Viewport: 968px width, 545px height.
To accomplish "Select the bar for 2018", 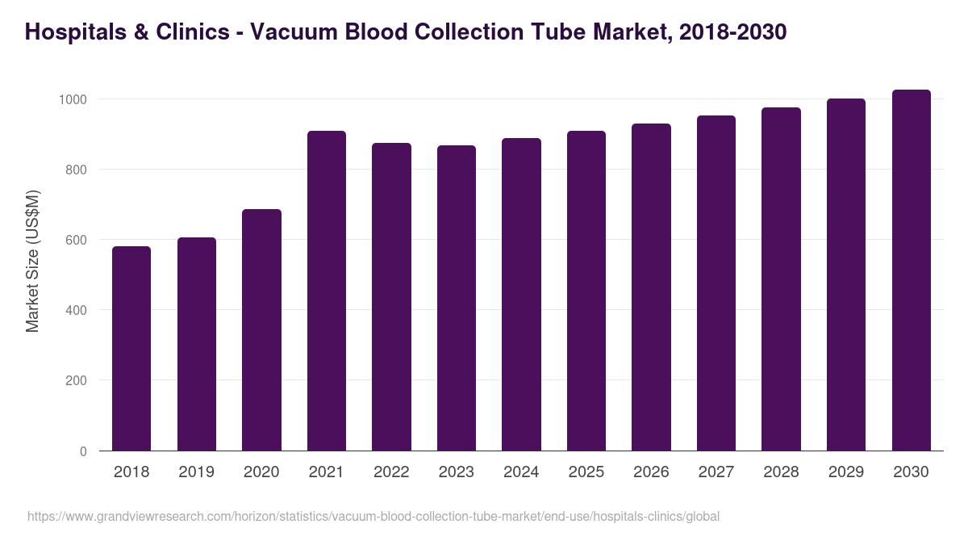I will point(131,349).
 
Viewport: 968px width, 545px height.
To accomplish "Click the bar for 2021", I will point(327,291).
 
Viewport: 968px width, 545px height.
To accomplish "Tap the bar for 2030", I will point(911,270).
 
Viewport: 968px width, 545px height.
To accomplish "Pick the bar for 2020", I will point(261,330).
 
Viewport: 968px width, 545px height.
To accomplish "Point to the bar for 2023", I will point(457,298).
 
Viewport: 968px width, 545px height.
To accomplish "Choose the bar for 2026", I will point(651,287).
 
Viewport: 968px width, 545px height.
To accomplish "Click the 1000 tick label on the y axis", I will point(72,99).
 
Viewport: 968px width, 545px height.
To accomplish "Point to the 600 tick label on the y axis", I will point(75,240).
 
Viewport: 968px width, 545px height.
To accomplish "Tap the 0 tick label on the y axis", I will point(83,451).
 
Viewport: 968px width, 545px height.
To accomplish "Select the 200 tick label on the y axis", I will point(75,380).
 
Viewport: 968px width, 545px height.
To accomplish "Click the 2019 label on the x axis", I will point(196,472).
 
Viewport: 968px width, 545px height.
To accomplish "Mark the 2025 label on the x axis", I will point(586,472).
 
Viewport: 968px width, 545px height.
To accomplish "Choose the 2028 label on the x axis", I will point(781,472).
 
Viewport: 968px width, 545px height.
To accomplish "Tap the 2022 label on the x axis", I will point(391,472).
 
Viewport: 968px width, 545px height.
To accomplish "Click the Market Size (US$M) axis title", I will point(32,260).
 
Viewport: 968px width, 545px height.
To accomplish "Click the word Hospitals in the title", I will point(75,32).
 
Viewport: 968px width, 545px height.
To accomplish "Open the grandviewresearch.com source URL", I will point(373,516).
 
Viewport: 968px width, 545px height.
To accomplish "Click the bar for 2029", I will point(846,275).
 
